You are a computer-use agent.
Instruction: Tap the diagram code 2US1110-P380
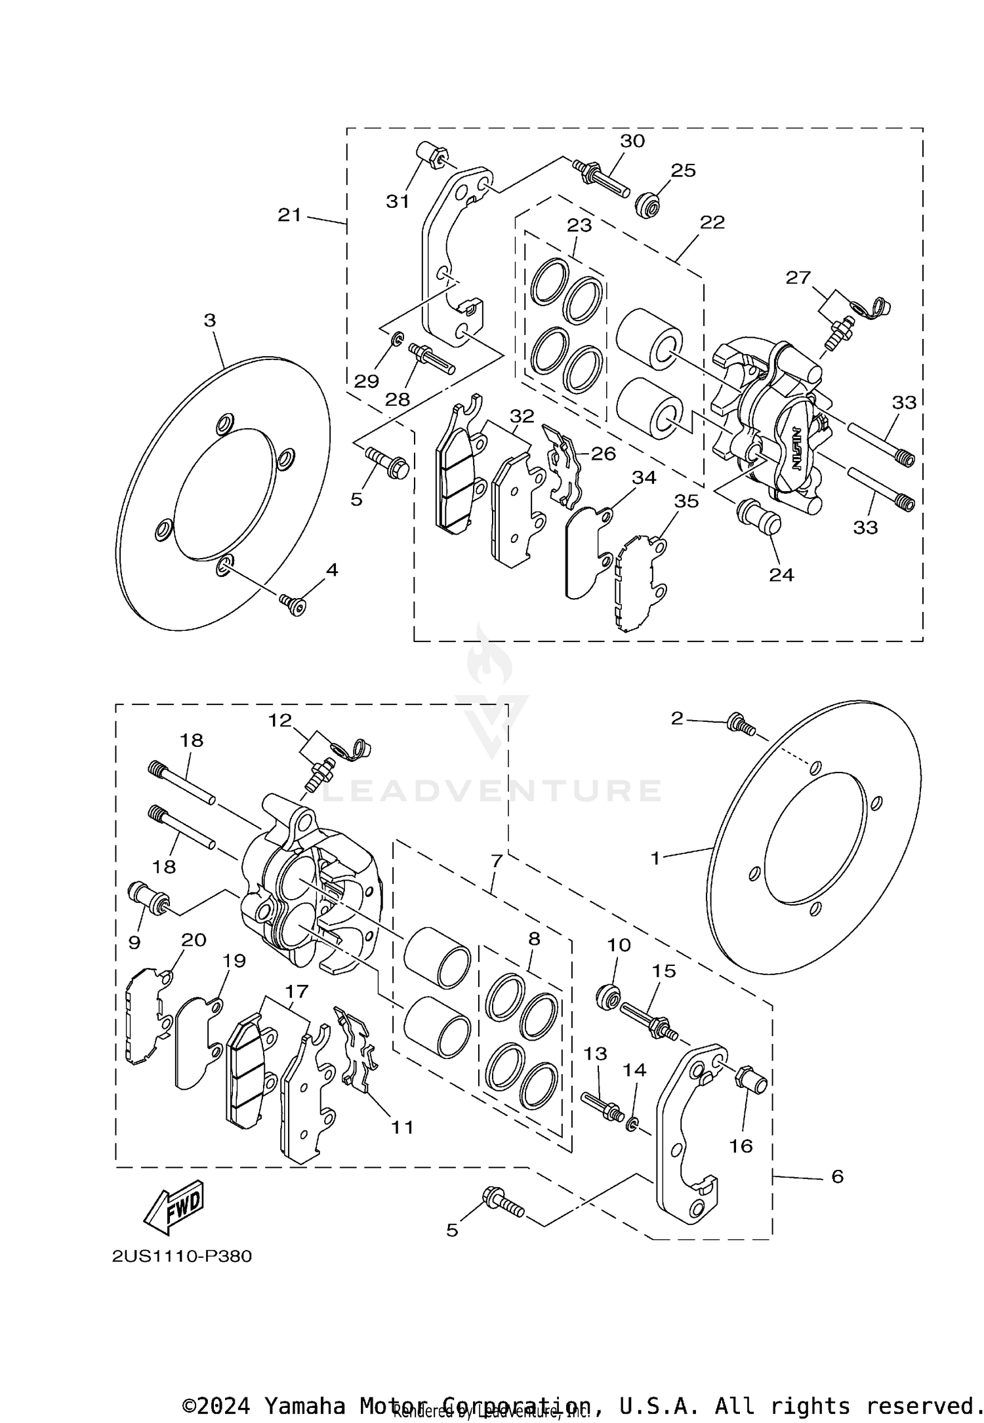(x=182, y=1256)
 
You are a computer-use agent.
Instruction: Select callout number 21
(x=289, y=214)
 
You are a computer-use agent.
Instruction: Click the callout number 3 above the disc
(x=210, y=321)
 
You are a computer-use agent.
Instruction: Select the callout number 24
(x=782, y=575)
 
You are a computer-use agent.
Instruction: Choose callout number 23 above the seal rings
(x=579, y=226)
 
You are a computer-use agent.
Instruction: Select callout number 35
(x=687, y=502)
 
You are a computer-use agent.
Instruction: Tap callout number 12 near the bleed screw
(x=279, y=720)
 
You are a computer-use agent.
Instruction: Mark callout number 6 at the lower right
(x=838, y=1176)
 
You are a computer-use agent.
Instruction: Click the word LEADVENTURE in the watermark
(x=491, y=791)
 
